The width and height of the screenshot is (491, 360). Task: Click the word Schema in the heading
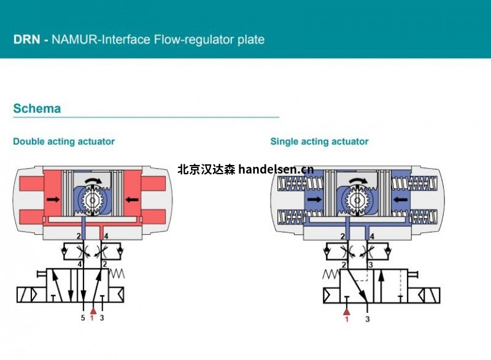(37, 109)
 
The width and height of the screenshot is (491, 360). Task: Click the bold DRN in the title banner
(26, 40)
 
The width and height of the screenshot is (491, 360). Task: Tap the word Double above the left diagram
(28, 142)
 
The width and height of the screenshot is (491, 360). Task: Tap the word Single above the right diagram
(285, 142)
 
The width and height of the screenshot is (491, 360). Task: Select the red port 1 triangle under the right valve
(346, 311)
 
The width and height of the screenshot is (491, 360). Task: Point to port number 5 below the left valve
(83, 318)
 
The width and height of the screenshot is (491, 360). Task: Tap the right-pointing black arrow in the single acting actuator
(314, 199)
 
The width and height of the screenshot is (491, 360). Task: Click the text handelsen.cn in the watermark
(276, 169)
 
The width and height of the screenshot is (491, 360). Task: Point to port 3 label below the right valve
(368, 319)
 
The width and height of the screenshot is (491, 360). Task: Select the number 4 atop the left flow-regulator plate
(106, 236)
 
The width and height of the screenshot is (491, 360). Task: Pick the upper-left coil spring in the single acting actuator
(291, 183)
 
